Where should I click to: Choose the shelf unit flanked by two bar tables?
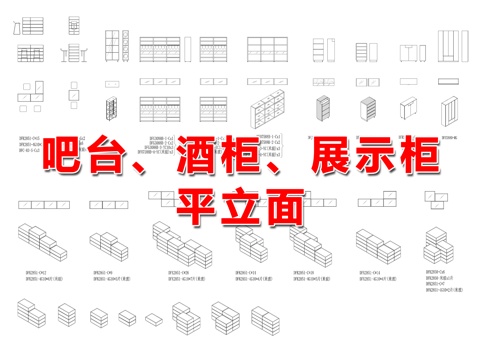[x=74, y=52]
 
